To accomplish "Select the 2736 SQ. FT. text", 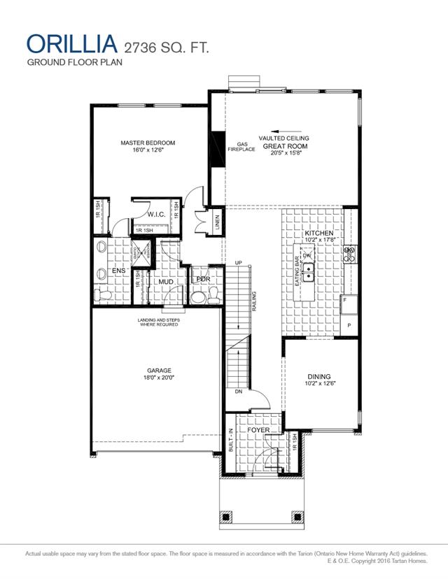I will (165, 48).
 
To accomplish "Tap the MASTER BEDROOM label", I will (148, 143).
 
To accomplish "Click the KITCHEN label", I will (319, 233).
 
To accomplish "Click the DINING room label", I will (318, 376).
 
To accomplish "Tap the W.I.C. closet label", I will (155, 214).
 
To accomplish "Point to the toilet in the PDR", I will (198, 297).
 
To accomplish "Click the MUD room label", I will (166, 283).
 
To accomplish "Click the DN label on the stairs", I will (238, 392).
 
